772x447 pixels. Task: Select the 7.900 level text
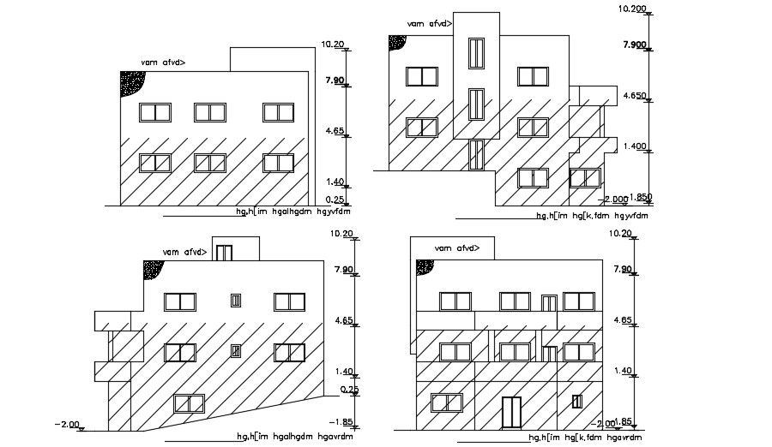coord(632,45)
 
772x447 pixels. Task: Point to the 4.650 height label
coord(634,96)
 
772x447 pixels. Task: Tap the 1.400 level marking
coord(634,146)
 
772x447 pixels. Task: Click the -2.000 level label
coord(615,200)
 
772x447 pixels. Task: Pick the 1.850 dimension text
coord(642,197)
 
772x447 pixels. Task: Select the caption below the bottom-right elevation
coord(588,438)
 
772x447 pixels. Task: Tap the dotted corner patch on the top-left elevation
coord(133,82)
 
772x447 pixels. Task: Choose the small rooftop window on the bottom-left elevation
coord(224,253)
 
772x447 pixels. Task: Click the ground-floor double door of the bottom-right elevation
coord(511,411)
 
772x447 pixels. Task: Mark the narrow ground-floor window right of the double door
coord(577,401)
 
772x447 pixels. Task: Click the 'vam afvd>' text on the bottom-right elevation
coord(455,248)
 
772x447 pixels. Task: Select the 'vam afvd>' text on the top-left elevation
coord(163,63)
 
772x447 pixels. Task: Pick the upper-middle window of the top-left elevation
coord(208,112)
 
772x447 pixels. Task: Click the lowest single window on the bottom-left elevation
coord(189,404)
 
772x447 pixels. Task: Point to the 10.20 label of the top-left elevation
coord(332,44)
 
